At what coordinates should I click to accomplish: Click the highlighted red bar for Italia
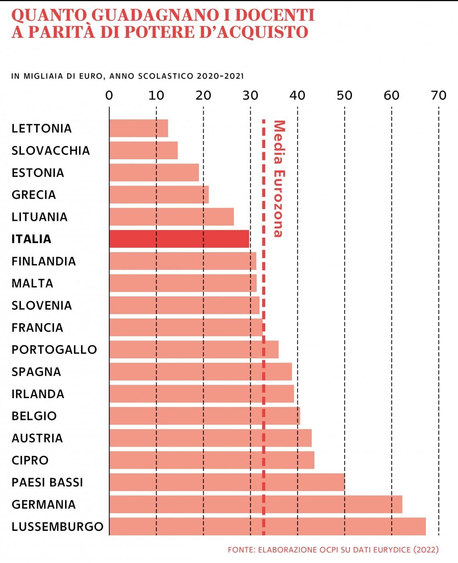(179, 239)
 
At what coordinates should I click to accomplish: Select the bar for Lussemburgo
(267, 526)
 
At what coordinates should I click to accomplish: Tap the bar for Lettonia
(139, 128)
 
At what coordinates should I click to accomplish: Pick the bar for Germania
(256, 504)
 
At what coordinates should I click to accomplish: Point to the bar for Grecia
(159, 195)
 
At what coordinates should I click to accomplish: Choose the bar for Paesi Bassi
(227, 482)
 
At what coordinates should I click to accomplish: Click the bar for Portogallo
(194, 349)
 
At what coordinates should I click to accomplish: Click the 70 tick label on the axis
(438, 95)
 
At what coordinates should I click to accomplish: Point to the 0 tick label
(109, 95)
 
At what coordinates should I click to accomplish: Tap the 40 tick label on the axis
(297, 95)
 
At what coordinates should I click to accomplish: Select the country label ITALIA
(31, 239)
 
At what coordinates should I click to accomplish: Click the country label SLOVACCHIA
(51, 150)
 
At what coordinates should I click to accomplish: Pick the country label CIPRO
(30, 460)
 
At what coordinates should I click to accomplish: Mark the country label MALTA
(33, 283)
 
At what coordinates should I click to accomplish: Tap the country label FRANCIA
(37, 327)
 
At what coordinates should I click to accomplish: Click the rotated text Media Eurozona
(279, 179)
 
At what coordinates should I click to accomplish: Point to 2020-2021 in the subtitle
(220, 76)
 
